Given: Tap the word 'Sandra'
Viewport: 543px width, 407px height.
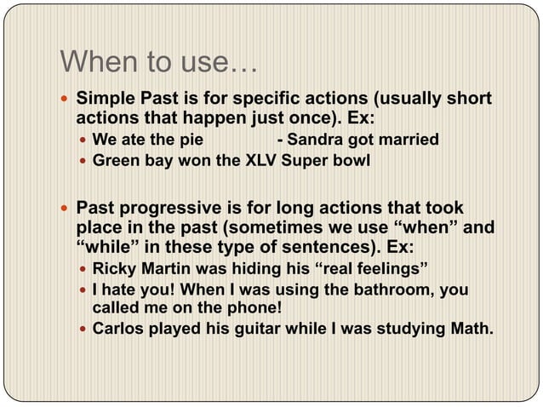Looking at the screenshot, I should point(318,140).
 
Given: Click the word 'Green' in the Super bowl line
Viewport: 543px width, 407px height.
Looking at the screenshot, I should point(116,160).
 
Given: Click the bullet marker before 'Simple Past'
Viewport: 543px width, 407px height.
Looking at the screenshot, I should point(65,99).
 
